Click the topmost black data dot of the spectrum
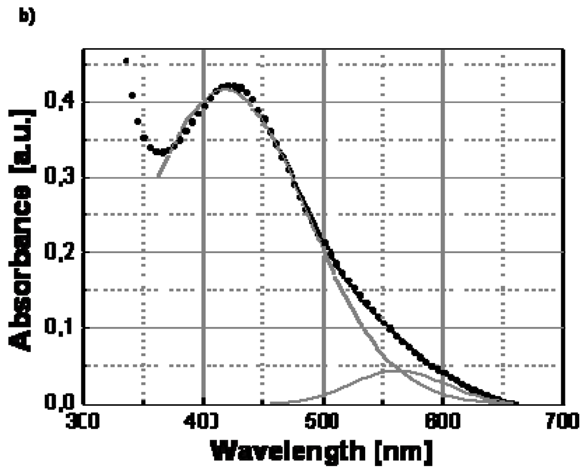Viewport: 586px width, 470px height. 126,61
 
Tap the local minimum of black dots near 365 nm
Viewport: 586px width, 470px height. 162,153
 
